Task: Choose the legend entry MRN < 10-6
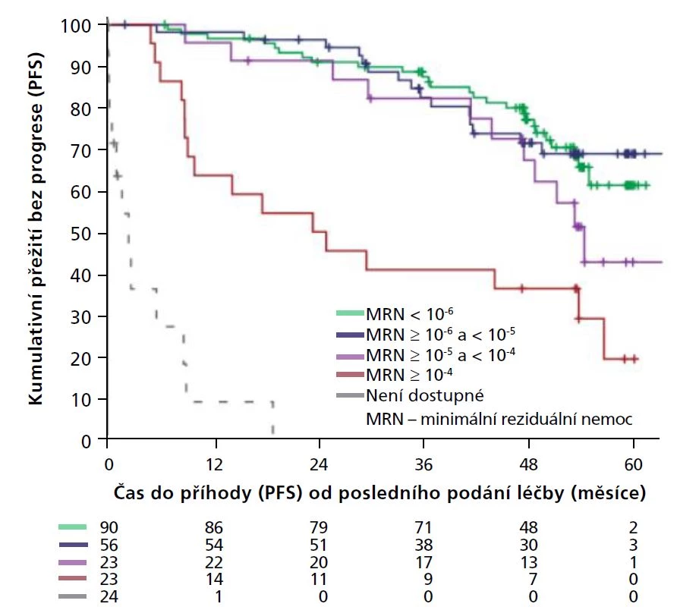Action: click(409, 313)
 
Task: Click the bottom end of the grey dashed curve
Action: click(272, 432)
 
